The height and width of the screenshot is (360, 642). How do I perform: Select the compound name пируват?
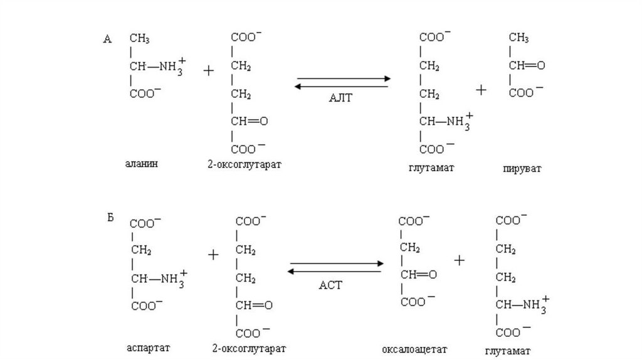point(522,169)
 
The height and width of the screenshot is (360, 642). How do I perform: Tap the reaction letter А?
point(107,40)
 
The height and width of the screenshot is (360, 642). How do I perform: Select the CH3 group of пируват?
point(518,39)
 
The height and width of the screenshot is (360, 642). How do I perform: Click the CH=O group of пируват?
point(527,65)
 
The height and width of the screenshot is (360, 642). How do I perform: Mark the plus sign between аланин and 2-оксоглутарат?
point(208,71)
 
